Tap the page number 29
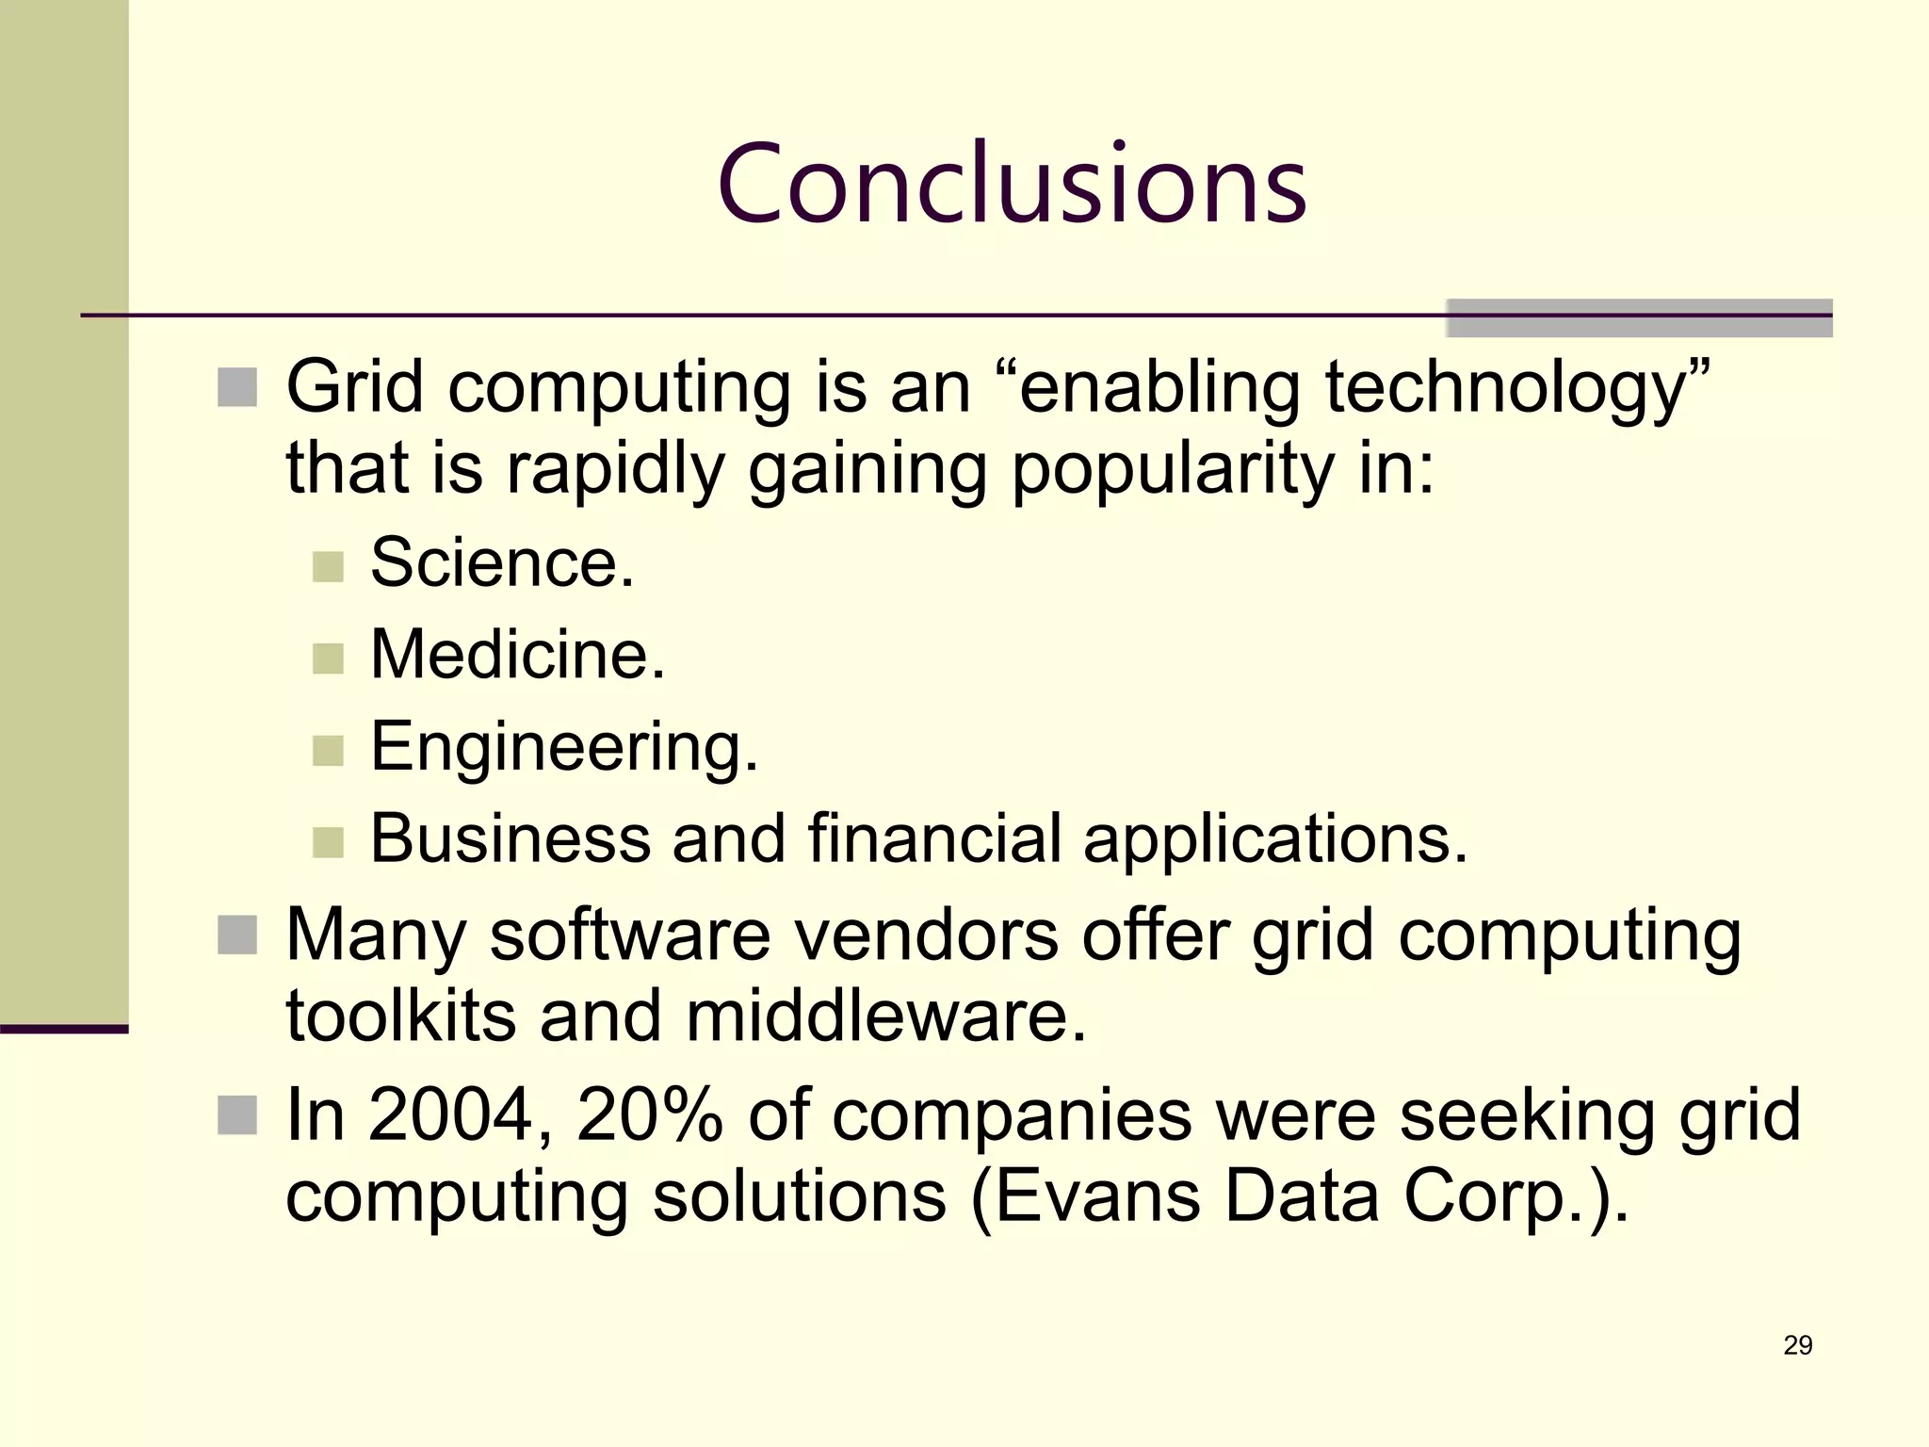[x=1797, y=1345]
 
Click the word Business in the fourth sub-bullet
[x=510, y=837]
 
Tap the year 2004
[x=448, y=1114]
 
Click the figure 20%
[x=649, y=1114]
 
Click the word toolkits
[x=400, y=1016]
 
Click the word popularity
[x=1172, y=468]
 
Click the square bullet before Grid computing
[x=237, y=387]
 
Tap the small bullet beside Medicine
[x=328, y=658]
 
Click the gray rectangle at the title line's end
[x=1639, y=318]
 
